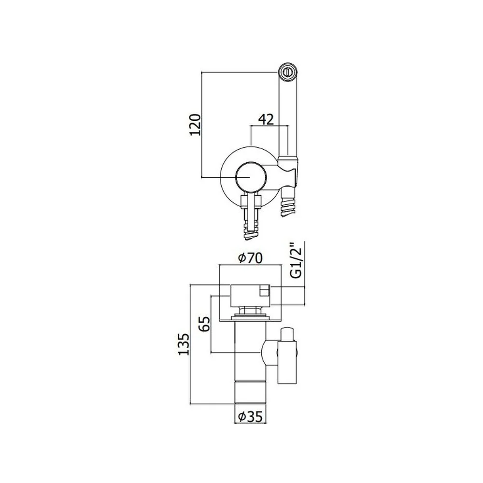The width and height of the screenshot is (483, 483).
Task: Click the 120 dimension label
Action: coord(195,125)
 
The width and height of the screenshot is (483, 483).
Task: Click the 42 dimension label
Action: coord(266,119)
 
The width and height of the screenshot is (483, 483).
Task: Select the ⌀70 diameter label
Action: coord(250,258)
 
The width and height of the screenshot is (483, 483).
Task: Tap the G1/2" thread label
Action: coord(297,260)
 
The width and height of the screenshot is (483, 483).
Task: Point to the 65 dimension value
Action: coord(204,324)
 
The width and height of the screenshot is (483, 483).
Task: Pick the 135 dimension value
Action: coord(184,344)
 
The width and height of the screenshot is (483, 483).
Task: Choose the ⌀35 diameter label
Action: coord(250,417)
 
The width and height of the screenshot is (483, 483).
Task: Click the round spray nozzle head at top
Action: coord(288,72)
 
